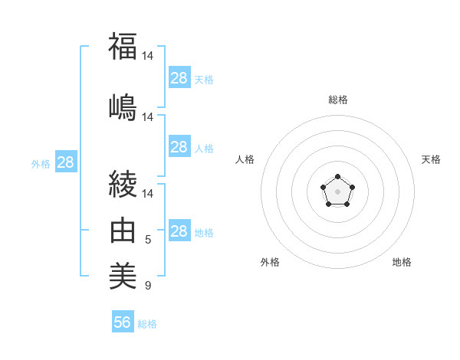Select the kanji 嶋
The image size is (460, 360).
tap(123, 106)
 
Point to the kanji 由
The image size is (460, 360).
tap(123, 230)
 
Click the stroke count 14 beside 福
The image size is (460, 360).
tap(148, 55)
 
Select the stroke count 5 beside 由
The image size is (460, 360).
tap(148, 240)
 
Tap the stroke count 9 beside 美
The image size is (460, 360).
tap(148, 286)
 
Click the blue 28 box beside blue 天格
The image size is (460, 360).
tap(179, 77)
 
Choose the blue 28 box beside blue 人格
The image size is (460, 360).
tap(179, 147)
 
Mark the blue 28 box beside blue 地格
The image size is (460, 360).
tap(179, 231)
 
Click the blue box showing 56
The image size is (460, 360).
tap(123, 322)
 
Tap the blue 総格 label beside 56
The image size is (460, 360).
tap(147, 324)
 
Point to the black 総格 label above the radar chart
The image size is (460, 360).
tap(337, 100)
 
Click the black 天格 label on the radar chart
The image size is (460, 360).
tap(431, 159)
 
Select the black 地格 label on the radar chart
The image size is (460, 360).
tap(402, 262)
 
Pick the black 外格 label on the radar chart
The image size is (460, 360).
tap(270, 262)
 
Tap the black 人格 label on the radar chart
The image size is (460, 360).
tap(245, 159)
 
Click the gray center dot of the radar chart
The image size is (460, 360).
tap(337, 191)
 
